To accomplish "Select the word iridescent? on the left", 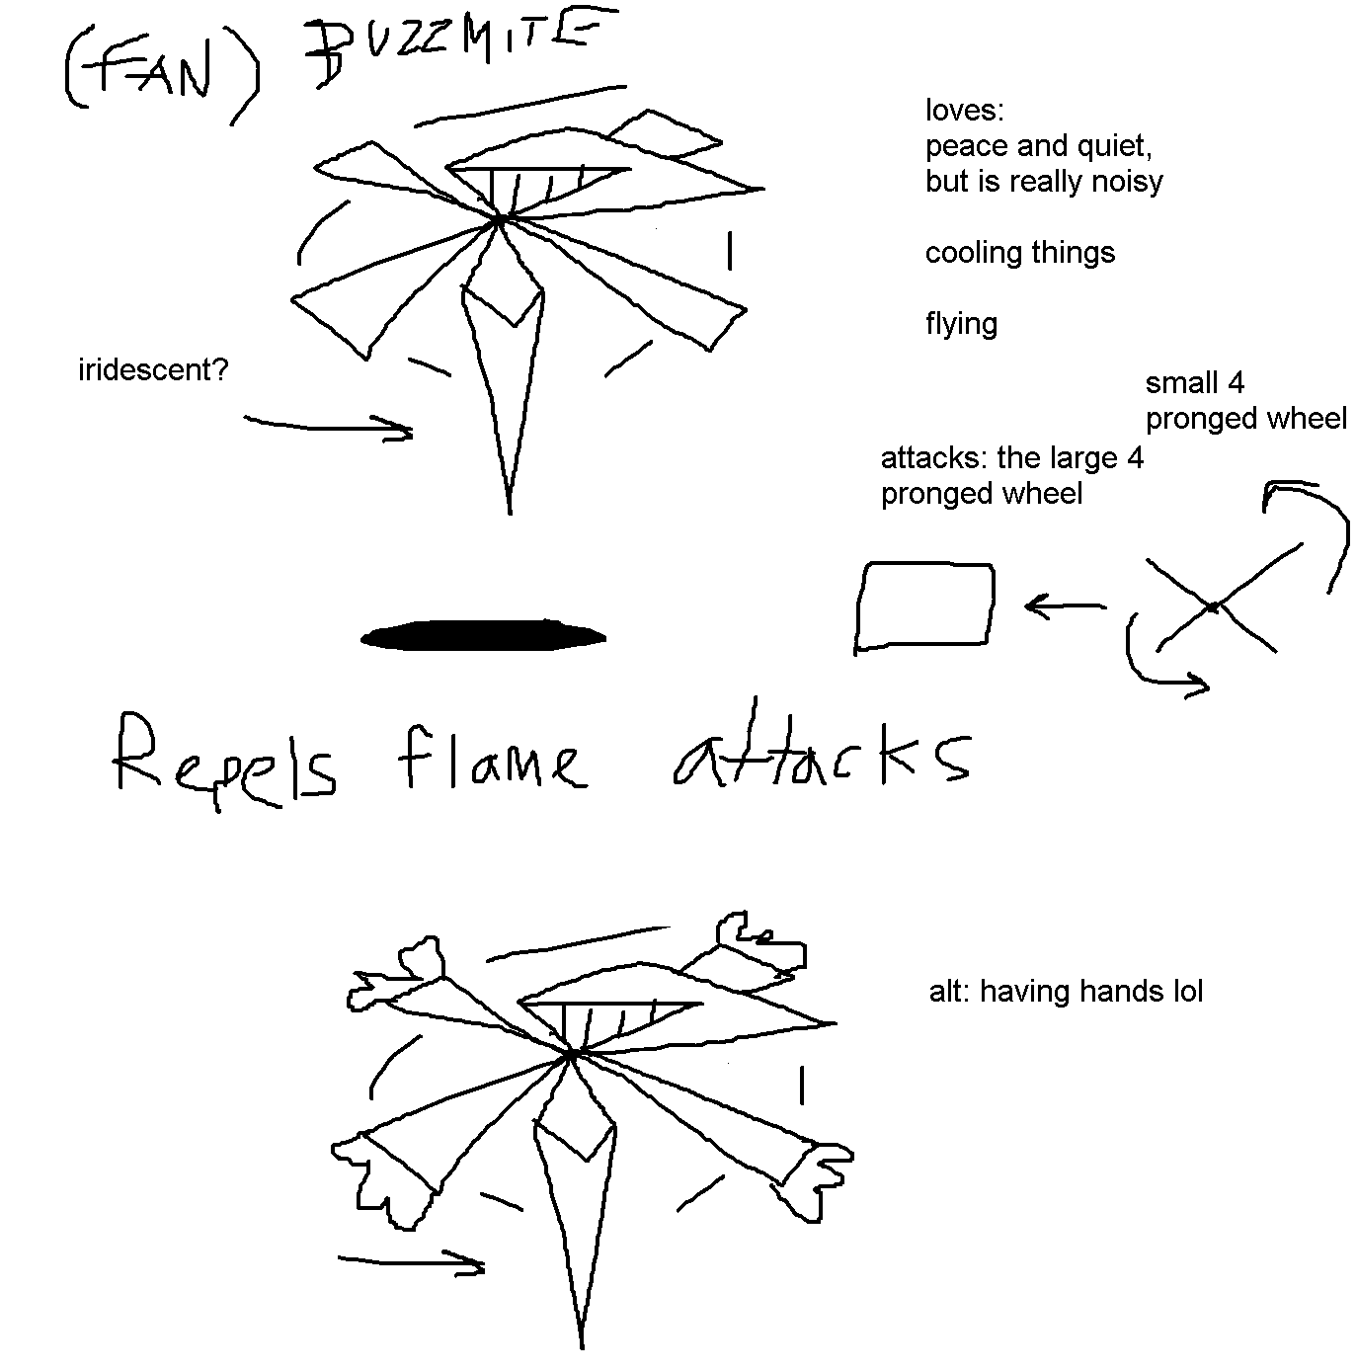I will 153,370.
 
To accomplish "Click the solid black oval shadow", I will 484,635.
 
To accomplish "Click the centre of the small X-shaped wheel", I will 1214,605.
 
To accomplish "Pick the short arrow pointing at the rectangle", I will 1065,605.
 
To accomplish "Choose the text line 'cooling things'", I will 1019,253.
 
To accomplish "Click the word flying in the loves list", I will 961,324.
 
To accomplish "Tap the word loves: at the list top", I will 964,111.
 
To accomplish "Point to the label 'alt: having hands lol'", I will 1066,992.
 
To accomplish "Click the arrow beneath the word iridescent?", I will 329,427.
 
